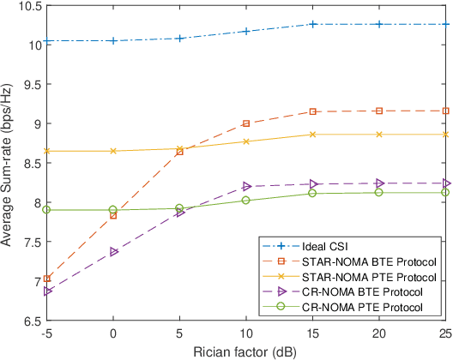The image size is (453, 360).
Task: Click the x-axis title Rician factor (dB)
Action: pos(246,351)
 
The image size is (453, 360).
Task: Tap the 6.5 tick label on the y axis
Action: pos(31,321)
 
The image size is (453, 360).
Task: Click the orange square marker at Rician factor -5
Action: pos(47,279)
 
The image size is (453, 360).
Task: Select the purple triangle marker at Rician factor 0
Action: pos(114,252)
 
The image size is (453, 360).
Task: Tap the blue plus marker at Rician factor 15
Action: pos(312,24)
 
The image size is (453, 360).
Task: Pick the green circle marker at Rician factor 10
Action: pos(246,201)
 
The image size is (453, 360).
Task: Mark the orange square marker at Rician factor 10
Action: pos(246,124)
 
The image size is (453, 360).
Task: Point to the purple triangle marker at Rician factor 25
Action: pos(444,183)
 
